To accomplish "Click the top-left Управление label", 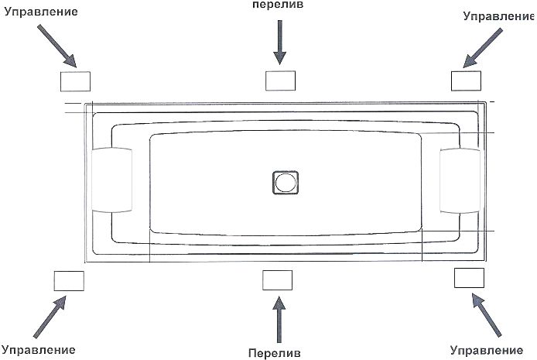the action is [41, 12].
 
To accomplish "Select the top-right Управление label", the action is [498, 16].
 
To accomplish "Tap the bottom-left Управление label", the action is [39, 350].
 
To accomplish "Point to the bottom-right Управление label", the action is [486, 351].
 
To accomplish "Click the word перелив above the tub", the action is [278, 5].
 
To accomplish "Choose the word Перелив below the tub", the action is [275, 353].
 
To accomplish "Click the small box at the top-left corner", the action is [75, 81].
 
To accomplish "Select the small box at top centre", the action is [280, 81].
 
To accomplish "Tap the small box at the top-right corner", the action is [466, 81].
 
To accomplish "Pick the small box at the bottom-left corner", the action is [69, 281].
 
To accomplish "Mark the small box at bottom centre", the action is [278, 280].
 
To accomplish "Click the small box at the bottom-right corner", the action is [469, 278].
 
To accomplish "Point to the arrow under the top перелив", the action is [280, 42].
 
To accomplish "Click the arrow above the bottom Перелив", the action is [279, 319].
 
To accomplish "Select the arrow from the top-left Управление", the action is [56, 46].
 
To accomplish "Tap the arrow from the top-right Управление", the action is [483, 48].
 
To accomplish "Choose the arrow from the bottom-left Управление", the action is [50, 317].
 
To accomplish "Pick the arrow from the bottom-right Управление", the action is [487, 314].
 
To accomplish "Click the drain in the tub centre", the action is [286, 183].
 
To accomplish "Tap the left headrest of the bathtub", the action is [112, 180].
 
